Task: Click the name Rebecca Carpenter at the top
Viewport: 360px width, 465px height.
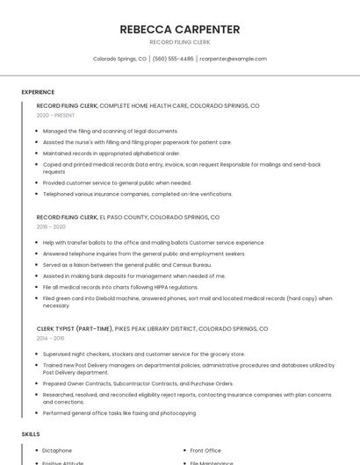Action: click(179, 28)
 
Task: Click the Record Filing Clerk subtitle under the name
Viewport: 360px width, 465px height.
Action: click(179, 41)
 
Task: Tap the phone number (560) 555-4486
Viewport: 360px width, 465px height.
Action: click(173, 59)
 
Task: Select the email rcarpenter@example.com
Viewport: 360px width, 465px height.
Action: click(234, 59)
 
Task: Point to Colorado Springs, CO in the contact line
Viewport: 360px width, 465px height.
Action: click(119, 59)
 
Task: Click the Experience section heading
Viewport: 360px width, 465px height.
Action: click(38, 92)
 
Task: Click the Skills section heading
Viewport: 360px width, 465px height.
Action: click(31, 434)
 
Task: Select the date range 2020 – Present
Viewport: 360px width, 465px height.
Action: click(55, 115)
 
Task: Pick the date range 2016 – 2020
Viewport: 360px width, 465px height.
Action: click(51, 226)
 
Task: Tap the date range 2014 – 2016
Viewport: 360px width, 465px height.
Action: click(50, 338)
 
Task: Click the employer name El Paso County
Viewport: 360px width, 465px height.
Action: click(123, 217)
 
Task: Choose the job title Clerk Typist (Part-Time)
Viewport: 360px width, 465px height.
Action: click(74, 328)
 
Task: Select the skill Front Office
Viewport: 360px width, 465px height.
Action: click(205, 450)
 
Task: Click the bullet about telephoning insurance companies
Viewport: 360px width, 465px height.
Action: click(137, 193)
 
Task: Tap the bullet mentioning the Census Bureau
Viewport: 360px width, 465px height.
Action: click(126, 264)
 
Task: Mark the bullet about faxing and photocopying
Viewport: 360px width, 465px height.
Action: click(119, 412)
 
